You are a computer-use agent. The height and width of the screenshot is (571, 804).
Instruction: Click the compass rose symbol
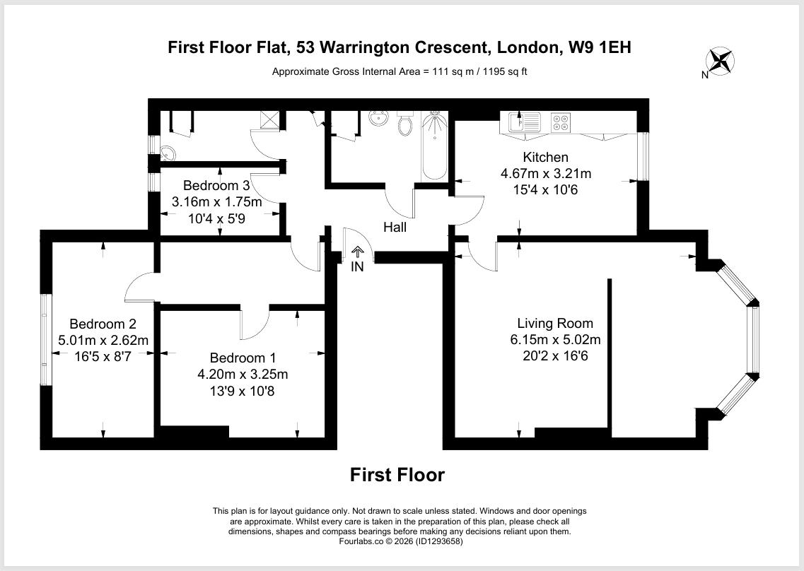pos(721,61)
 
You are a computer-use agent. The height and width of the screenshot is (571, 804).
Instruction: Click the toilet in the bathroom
pos(405,124)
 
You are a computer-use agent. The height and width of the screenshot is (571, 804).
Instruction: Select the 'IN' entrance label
pos(358,266)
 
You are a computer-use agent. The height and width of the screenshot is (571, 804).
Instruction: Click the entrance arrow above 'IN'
pos(357,252)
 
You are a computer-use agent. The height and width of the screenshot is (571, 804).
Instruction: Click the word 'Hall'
pos(395,228)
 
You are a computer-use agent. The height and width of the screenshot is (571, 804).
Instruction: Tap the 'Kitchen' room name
pos(545,157)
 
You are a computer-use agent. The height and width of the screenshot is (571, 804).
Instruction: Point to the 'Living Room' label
pos(555,324)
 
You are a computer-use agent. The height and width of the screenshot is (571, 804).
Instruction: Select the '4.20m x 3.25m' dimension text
pos(243,374)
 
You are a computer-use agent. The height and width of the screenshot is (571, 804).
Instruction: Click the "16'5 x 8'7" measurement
pos(103,356)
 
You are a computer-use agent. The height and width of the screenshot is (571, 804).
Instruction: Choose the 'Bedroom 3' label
pos(216,186)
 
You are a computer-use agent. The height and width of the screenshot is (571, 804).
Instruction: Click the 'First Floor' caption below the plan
pos(397,475)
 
